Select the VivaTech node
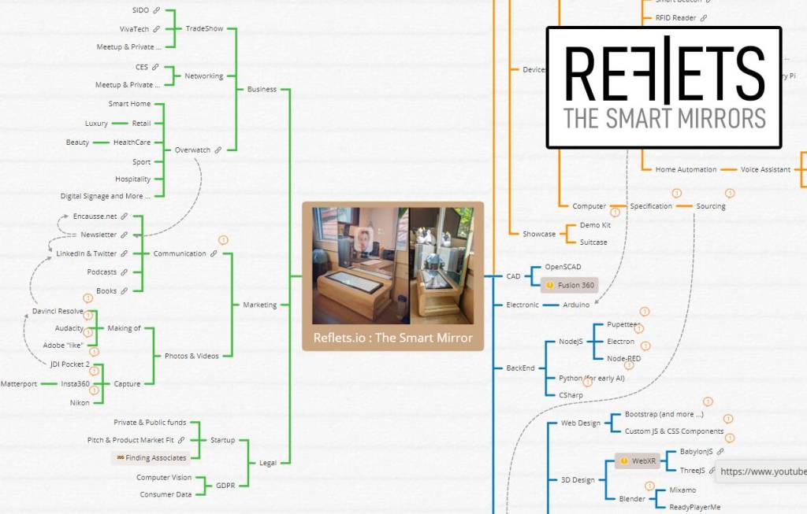tap(134, 29)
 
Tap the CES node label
tap(142, 67)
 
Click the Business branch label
tap(262, 89)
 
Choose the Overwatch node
tap(192, 150)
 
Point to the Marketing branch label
tap(260, 305)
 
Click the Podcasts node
tap(102, 272)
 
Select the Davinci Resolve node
tap(58, 311)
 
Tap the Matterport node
tap(19, 384)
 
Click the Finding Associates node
tap(155, 458)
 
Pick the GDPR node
tap(225, 486)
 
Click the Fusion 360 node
tap(576, 285)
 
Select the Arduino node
tap(576, 305)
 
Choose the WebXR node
tap(643, 460)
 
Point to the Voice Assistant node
tap(764, 169)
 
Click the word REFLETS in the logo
tap(664, 72)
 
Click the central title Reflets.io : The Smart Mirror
tap(392, 338)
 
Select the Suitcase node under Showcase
tap(593, 242)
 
